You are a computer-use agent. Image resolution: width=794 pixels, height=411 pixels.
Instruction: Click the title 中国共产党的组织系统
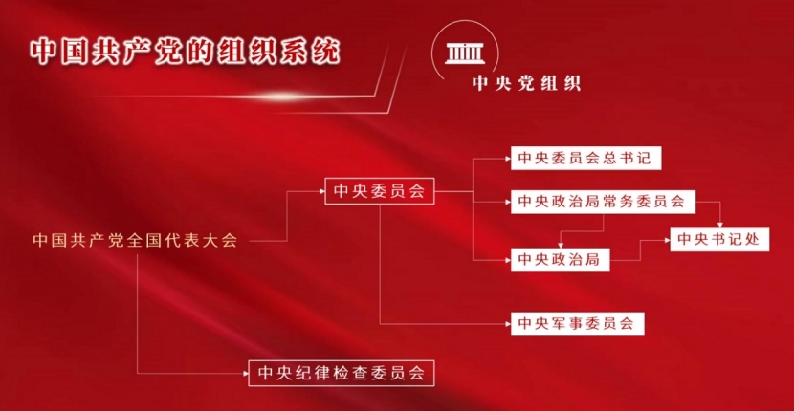click(x=185, y=53)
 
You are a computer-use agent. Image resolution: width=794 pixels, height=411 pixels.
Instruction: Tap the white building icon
click(x=464, y=54)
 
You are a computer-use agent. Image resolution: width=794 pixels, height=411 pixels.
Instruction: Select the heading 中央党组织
click(x=526, y=83)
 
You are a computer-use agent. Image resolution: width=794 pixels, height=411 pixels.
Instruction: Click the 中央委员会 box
click(x=379, y=191)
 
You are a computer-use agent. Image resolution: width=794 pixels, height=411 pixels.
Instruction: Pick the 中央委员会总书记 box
click(x=585, y=159)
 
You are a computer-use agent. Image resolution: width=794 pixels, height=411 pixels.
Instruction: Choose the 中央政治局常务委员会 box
click(x=603, y=202)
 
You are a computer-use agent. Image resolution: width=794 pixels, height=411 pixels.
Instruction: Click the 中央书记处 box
click(x=719, y=239)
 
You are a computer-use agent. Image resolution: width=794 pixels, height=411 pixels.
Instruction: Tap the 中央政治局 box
click(x=560, y=260)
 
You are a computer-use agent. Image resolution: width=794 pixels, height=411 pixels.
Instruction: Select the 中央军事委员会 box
click(x=577, y=323)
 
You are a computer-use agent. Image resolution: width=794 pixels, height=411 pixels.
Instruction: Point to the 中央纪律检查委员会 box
click(x=342, y=373)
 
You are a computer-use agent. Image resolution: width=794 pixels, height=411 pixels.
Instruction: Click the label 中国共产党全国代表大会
click(x=135, y=241)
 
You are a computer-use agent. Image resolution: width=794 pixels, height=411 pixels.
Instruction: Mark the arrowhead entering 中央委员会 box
click(x=321, y=191)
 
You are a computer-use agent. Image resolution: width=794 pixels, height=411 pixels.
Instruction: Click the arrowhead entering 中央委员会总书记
click(x=508, y=159)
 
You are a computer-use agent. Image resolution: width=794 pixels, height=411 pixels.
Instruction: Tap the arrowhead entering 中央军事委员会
click(x=508, y=323)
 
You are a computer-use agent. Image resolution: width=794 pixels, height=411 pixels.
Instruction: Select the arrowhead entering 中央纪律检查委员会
click(x=246, y=374)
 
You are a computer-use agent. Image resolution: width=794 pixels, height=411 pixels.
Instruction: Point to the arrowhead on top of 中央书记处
click(x=719, y=226)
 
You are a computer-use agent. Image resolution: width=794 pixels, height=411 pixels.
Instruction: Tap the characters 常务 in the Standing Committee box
click(x=619, y=202)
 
